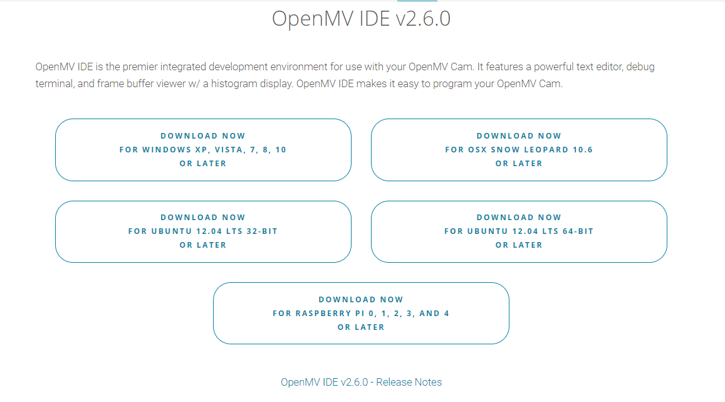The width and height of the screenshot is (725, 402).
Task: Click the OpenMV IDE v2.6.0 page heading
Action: [361, 19]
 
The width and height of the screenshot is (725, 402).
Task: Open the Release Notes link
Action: [361, 382]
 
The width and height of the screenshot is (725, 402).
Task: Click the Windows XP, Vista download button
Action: [203, 150]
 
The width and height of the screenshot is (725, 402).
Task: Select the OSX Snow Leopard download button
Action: [519, 150]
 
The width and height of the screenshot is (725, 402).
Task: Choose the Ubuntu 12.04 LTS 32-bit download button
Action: [203, 231]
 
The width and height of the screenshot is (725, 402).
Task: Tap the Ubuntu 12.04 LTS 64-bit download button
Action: [519, 231]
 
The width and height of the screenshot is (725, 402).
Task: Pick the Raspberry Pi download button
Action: [361, 313]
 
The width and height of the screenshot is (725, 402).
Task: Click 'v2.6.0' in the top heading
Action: [423, 19]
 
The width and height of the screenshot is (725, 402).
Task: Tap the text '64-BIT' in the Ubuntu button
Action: [576, 231]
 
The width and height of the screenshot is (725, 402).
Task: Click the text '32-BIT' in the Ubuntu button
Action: [261, 231]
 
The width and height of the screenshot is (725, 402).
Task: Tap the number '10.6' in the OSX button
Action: [582, 150]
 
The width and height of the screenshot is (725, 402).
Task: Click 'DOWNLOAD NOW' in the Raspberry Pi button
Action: [361, 299]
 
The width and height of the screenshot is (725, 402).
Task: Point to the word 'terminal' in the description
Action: [54, 83]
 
